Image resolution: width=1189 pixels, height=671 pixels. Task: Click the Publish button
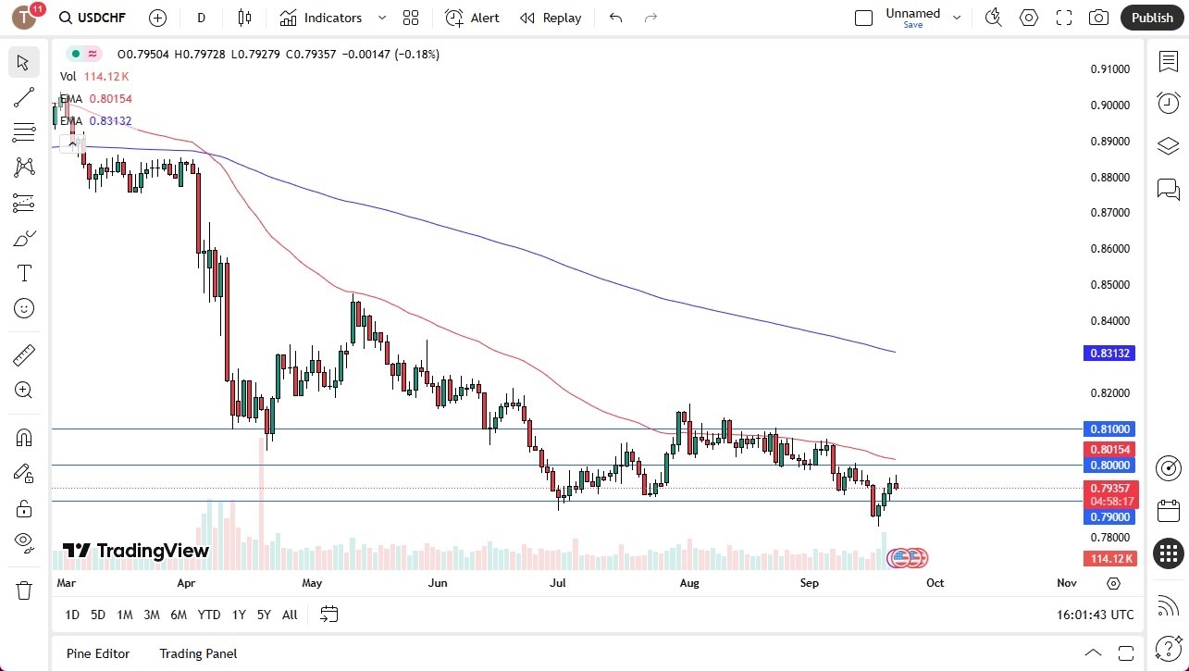click(x=1151, y=18)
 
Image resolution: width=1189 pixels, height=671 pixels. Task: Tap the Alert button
click(x=472, y=18)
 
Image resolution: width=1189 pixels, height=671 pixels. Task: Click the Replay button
click(x=551, y=18)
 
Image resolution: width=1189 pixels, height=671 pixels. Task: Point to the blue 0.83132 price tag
click(x=1108, y=354)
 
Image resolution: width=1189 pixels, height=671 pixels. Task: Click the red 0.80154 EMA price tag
click(x=1108, y=449)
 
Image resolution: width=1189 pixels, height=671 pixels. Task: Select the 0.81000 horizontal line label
click(x=1108, y=429)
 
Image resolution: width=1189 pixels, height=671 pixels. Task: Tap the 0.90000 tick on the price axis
click(x=1108, y=106)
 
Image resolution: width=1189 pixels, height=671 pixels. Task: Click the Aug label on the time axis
click(x=688, y=583)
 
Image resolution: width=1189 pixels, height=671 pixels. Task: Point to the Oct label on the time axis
click(x=935, y=583)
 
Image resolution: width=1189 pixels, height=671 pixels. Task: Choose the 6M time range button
click(x=179, y=615)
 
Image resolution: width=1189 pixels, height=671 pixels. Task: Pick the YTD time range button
click(x=209, y=615)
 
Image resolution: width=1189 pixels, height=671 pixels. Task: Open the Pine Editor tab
click(x=98, y=653)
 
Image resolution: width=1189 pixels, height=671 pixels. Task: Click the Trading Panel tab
click(x=198, y=653)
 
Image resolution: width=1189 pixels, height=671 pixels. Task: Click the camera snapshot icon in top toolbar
click(x=1098, y=18)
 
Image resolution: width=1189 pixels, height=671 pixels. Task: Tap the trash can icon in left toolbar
click(x=24, y=590)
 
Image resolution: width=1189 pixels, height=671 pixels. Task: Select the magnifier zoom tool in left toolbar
click(x=24, y=391)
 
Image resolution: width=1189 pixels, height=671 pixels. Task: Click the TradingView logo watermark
click(x=136, y=552)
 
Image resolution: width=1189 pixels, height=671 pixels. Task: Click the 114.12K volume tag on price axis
click(x=1108, y=559)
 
